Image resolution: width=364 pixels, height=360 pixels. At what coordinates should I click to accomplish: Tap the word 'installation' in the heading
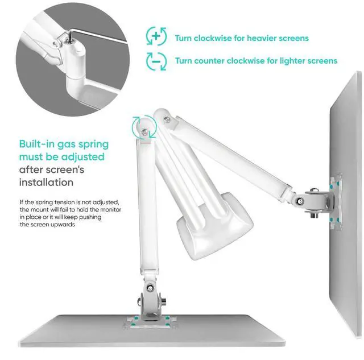tap(46, 182)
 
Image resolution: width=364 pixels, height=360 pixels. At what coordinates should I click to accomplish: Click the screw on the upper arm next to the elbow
tap(166, 119)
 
